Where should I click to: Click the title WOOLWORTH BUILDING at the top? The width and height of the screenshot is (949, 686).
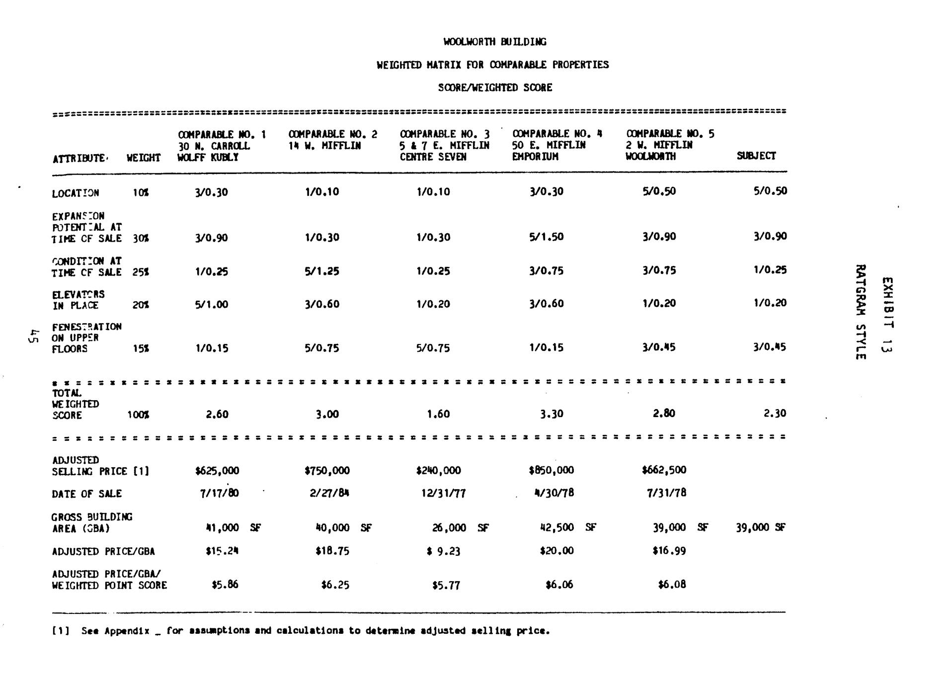click(x=494, y=42)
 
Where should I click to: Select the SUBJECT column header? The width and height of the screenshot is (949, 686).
click(x=756, y=156)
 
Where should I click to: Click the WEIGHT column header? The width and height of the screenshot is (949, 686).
click(x=143, y=158)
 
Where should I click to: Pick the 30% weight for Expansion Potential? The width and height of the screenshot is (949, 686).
click(x=141, y=239)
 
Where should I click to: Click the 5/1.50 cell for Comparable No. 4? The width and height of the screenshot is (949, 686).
click(x=546, y=237)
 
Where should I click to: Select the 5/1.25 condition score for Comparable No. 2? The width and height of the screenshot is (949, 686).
click(x=322, y=271)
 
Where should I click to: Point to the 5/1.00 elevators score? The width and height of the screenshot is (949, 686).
click(x=211, y=304)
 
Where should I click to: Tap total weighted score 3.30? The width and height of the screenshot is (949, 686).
click(x=551, y=414)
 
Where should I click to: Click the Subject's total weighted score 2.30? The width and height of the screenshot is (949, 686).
click(x=775, y=413)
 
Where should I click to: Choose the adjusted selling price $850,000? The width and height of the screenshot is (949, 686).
click(x=551, y=470)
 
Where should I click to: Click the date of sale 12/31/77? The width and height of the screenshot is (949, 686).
click(x=443, y=494)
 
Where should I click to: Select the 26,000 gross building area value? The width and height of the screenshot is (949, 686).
click(x=449, y=527)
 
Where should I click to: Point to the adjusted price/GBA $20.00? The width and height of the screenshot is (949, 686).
click(x=556, y=551)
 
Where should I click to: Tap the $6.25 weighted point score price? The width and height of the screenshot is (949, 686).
click(x=335, y=585)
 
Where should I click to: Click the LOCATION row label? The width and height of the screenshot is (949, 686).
click(x=75, y=193)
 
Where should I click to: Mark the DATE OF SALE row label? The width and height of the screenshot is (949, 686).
click(x=86, y=494)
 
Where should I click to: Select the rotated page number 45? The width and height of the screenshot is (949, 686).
click(x=33, y=336)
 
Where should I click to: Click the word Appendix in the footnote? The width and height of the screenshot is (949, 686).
click(x=127, y=631)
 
